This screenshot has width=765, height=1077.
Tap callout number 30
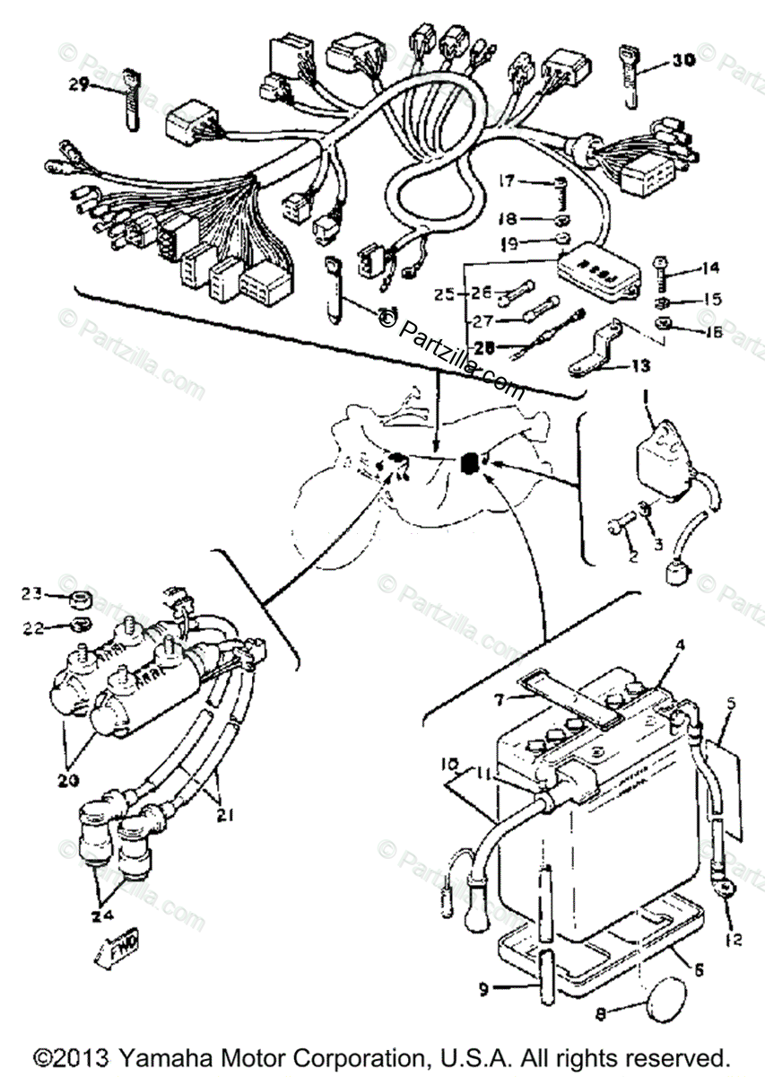(x=683, y=62)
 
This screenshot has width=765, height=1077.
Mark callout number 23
(x=32, y=593)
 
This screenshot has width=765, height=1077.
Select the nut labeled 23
(x=80, y=597)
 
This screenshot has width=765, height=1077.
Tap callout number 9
(x=485, y=991)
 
